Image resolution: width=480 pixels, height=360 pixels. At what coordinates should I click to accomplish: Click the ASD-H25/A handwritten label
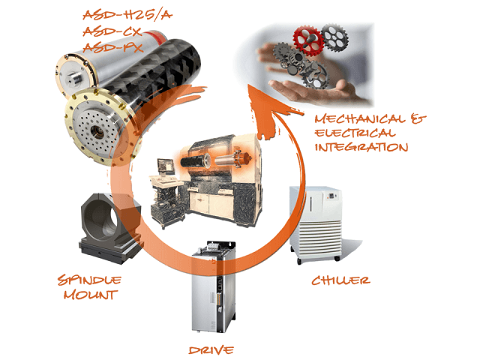click(x=127, y=15)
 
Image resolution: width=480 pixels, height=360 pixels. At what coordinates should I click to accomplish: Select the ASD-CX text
click(x=112, y=31)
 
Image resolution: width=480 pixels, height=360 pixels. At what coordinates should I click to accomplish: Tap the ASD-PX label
click(x=113, y=47)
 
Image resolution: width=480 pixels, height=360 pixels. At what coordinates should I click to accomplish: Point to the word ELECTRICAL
click(x=355, y=133)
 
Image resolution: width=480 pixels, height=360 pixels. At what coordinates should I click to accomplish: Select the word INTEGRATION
click(x=361, y=147)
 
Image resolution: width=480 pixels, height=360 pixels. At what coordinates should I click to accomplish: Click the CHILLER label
click(x=340, y=280)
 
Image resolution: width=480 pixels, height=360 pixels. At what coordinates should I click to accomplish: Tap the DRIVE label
click(x=211, y=350)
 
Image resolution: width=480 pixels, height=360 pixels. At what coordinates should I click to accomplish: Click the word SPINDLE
click(x=89, y=280)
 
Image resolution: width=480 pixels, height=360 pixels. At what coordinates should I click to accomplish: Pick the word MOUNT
click(x=91, y=295)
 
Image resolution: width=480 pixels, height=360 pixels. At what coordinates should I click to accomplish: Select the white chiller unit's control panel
click(x=333, y=196)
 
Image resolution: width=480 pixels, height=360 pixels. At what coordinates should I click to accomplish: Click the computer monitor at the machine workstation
click(x=166, y=166)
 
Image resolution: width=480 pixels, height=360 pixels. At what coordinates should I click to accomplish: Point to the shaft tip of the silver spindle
click(x=75, y=76)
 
